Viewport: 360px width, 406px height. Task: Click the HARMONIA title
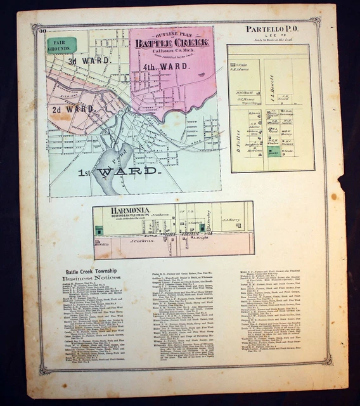114,211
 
